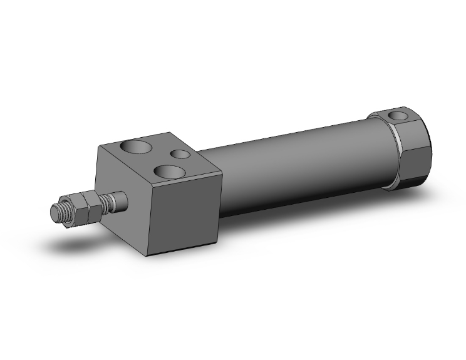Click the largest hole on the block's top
click(137, 148)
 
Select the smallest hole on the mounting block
click(180, 153)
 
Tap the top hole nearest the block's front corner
click(170, 170)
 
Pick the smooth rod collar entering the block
click(122, 200)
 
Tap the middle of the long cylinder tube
click(294, 169)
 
